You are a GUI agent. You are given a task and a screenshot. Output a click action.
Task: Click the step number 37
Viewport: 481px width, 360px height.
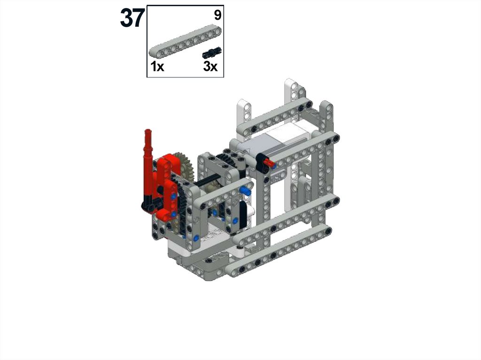tap(132, 18)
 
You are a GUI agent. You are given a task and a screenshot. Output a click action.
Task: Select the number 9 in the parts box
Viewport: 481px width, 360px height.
tap(217, 15)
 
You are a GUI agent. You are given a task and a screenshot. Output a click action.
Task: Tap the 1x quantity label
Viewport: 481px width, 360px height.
tap(157, 66)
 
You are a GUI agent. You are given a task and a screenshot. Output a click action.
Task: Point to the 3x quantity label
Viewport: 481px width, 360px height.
tap(210, 66)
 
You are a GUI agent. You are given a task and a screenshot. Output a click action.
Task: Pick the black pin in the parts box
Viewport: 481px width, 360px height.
tap(212, 53)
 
